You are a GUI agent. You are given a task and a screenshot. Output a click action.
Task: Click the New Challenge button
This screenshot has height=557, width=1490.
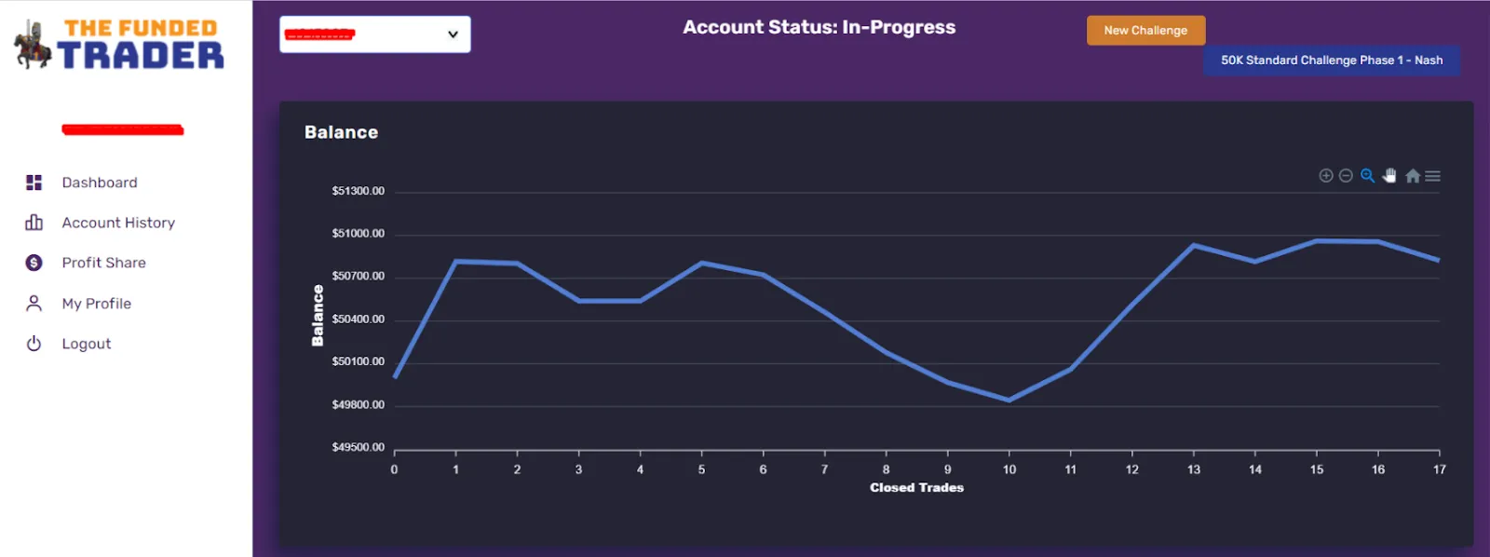(x=1145, y=31)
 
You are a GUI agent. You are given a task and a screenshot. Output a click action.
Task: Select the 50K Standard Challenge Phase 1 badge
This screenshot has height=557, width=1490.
(x=1331, y=61)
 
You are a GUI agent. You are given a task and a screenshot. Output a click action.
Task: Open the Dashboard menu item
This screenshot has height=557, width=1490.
(x=99, y=183)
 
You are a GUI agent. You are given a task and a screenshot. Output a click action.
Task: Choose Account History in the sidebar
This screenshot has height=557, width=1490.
(x=117, y=223)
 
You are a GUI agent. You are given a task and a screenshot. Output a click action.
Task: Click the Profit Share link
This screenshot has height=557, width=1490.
(x=103, y=263)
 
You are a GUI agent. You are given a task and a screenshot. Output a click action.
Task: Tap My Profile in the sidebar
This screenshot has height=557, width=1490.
(x=96, y=304)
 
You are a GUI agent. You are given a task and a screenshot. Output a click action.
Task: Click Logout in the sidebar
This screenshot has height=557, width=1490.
(x=86, y=344)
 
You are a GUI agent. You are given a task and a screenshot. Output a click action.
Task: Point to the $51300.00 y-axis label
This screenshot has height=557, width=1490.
(x=358, y=191)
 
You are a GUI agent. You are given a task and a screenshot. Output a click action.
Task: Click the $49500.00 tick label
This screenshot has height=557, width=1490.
(x=358, y=447)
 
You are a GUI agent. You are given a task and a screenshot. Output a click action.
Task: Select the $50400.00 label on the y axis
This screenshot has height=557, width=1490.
(x=358, y=319)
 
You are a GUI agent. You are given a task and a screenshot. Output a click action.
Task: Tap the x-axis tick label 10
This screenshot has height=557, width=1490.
(x=1009, y=469)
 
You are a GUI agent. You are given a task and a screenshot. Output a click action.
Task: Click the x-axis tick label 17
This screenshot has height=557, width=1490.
(x=1439, y=469)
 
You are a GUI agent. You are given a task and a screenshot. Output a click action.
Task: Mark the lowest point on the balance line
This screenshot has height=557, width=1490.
(x=1009, y=400)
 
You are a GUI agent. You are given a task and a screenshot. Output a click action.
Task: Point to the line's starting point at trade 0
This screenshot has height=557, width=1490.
(x=395, y=377)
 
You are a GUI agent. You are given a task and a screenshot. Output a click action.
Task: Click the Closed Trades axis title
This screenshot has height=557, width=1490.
(x=916, y=488)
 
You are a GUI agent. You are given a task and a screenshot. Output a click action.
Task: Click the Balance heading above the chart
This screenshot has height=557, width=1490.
(x=341, y=132)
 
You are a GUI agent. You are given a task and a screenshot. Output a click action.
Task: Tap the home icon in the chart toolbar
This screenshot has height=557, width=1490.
(x=1412, y=176)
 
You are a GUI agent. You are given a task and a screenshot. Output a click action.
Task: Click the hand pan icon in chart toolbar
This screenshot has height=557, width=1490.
(x=1389, y=176)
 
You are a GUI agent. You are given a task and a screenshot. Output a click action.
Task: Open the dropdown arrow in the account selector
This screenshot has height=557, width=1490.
(x=453, y=34)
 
